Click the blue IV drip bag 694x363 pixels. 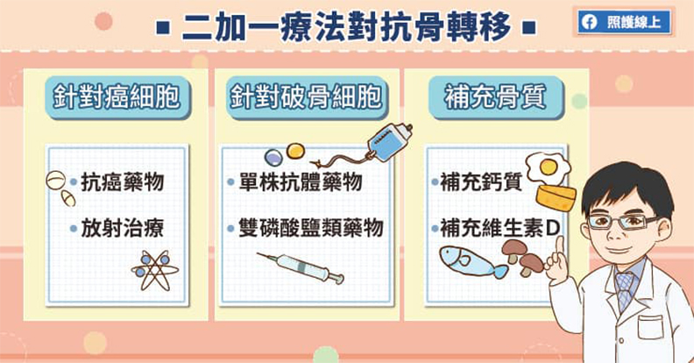[x=391, y=140]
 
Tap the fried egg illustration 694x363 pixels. [x=548, y=165]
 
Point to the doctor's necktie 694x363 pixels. [x=625, y=288]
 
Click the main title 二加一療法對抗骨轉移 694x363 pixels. [x=347, y=27]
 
